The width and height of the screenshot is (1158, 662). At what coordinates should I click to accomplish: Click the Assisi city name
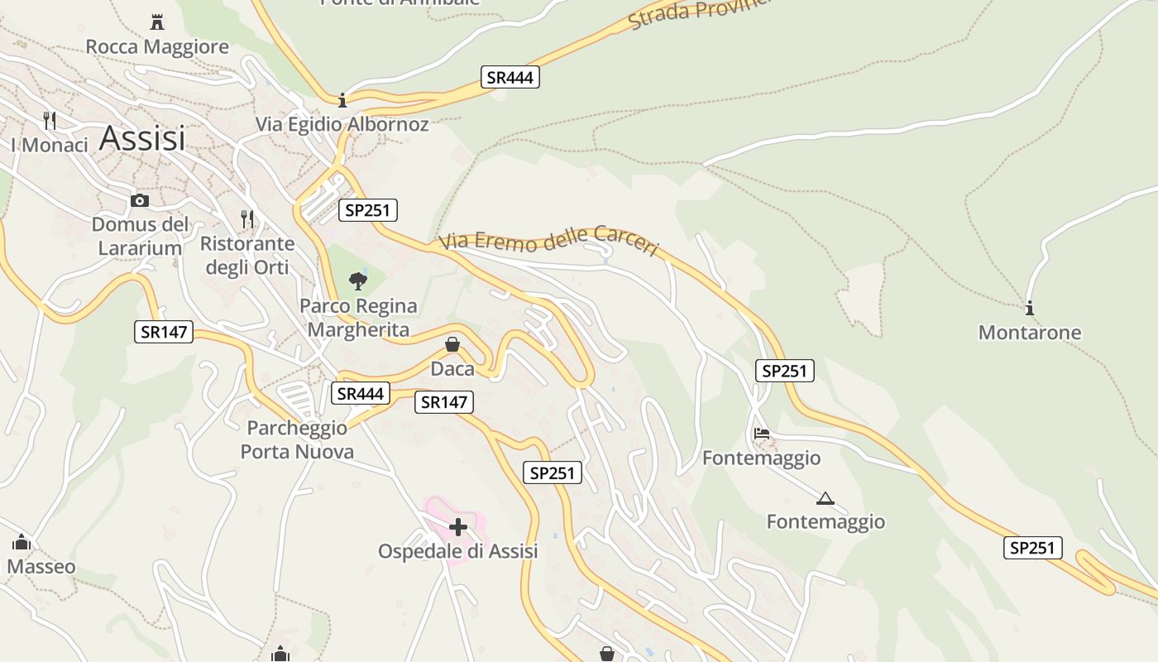click(142, 138)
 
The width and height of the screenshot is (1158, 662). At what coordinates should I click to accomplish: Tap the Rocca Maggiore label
click(157, 46)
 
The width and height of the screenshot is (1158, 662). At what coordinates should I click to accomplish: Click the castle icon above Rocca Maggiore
click(157, 22)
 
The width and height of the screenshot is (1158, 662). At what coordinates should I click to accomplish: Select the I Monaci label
click(50, 145)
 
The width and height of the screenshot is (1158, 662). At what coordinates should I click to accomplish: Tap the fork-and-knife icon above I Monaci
click(50, 121)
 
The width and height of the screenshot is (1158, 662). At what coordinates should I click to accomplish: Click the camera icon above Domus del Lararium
click(140, 200)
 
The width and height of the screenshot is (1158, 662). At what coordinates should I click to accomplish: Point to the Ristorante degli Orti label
click(247, 255)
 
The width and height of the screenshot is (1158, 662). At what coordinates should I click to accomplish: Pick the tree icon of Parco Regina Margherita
click(358, 281)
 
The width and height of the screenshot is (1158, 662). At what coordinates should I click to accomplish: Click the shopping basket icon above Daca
click(452, 344)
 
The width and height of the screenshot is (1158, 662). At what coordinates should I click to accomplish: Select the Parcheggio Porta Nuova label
click(297, 439)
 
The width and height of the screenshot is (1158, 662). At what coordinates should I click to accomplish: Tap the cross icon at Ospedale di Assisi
click(458, 526)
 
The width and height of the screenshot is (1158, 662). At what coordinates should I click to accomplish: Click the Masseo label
click(41, 567)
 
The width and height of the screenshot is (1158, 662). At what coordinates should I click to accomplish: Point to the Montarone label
click(1030, 333)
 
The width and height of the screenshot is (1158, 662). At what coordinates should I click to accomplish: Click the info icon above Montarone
click(1030, 309)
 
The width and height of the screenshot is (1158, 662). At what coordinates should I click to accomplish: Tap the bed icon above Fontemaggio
click(762, 434)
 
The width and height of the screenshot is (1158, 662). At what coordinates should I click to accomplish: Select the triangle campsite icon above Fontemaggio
click(825, 498)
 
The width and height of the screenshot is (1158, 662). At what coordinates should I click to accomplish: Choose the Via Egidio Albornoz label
click(342, 124)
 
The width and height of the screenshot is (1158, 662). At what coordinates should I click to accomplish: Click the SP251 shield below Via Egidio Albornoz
click(368, 210)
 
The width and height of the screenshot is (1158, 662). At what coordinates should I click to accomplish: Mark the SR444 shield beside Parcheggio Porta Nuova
click(361, 394)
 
